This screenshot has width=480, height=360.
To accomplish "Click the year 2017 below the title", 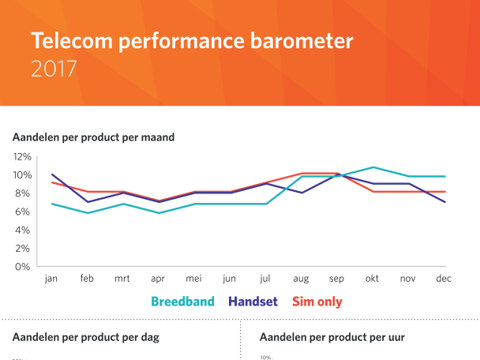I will click(54, 69).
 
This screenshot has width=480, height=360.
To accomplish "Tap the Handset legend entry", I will click(257, 301).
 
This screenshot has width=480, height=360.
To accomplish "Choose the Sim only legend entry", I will click(317, 301).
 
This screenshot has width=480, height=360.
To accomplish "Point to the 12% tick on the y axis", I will click(21, 156).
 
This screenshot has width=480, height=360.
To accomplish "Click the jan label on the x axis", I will click(51, 279).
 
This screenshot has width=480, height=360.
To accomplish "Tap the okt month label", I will click(373, 279).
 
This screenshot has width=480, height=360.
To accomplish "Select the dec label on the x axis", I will click(444, 279).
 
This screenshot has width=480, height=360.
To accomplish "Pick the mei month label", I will click(193, 279).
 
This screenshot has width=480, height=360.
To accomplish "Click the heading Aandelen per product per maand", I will click(93, 137).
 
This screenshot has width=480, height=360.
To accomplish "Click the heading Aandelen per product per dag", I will click(86, 337).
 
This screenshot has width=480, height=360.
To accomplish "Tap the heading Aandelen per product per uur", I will click(332, 337).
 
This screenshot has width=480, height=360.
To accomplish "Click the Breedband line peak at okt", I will click(373, 167).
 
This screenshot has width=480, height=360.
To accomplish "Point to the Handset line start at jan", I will click(52, 174).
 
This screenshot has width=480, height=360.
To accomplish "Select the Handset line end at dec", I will click(444, 202).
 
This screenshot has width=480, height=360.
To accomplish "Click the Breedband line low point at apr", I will click(159, 213).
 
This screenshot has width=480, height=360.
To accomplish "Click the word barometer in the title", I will click(304, 40).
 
